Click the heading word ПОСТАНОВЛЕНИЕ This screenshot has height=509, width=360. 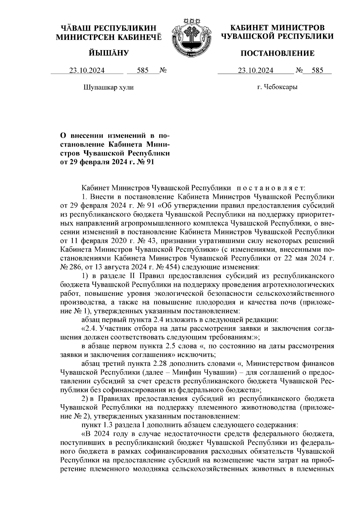pyautogui.click(x=277, y=54)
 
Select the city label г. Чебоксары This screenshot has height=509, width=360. pyautogui.click(x=277, y=87)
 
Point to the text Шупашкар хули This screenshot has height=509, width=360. pyautogui.click(x=108, y=88)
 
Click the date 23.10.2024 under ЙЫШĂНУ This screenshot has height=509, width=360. pyautogui.click(x=87, y=70)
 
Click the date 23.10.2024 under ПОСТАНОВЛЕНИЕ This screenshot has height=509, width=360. pyautogui.click(x=256, y=70)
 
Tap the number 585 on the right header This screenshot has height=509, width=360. pyautogui.click(x=317, y=70)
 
